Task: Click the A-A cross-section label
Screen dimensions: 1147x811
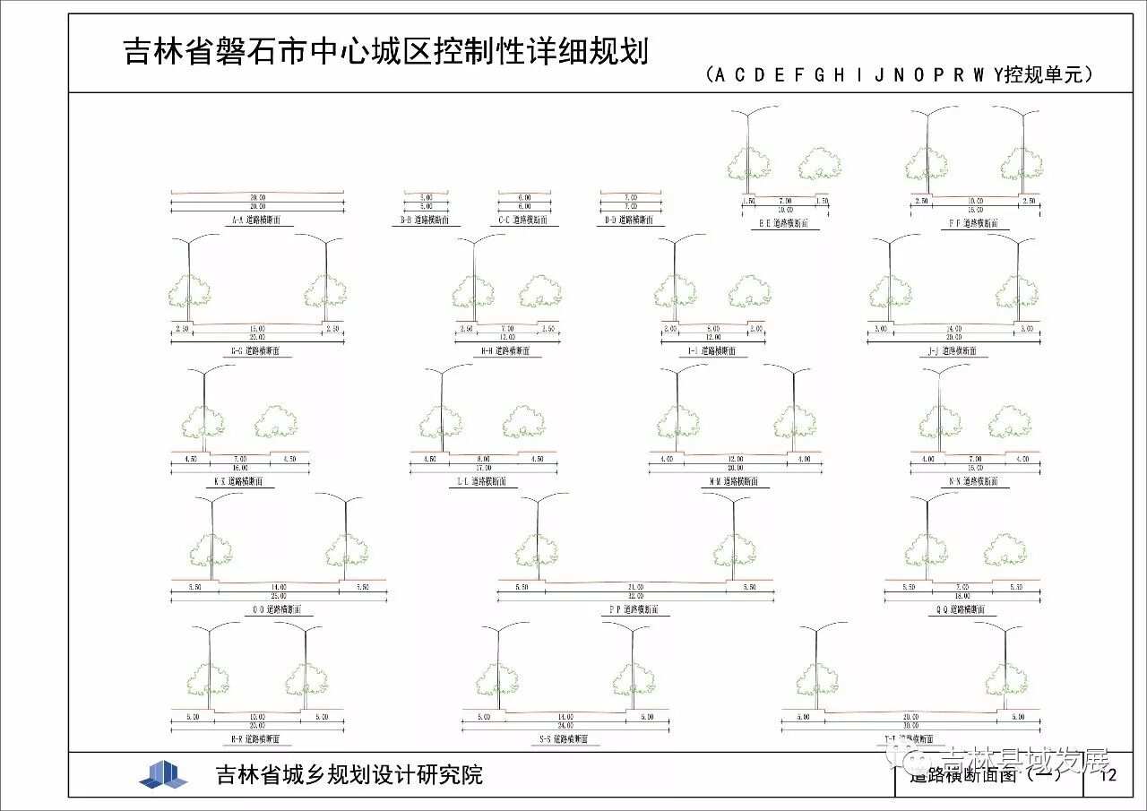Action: [256, 220]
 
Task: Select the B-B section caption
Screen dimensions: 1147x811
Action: [426, 220]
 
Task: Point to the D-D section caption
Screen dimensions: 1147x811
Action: [630, 220]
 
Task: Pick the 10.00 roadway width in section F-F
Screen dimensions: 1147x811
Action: [976, 201]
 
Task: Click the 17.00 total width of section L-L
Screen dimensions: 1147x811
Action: [484, 468]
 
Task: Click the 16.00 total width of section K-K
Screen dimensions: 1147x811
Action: [240, 468]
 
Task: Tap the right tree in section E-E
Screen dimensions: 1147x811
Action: [819, 163]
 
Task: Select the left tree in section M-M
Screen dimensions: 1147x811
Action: [677, 421]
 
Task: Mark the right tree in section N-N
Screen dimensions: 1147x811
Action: [1009, 421]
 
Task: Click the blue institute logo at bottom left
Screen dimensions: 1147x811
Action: [163, 773]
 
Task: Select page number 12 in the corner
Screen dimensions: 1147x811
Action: [1108, 775]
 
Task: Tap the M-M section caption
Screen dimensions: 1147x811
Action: [734, 481]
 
